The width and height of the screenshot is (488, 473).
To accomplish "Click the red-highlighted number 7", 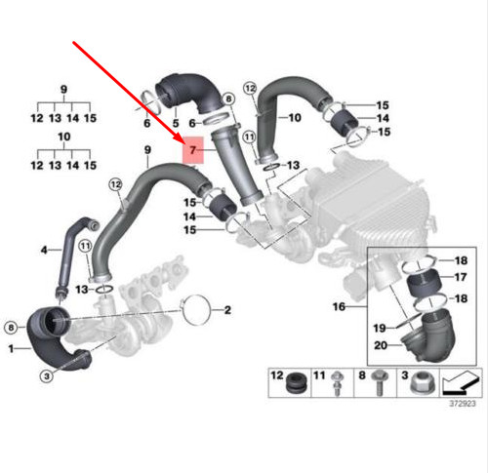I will [x=193, y=152].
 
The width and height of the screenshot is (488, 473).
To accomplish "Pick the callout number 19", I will [x=380, y=326].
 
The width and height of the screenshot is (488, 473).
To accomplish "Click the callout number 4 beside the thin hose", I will [x=43, y=251].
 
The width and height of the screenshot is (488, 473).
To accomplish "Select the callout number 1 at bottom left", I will [x=12, y=348].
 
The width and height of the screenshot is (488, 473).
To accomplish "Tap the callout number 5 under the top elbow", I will [x=176, y=123].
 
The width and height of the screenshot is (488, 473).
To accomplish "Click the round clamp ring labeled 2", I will [x=194, y=313].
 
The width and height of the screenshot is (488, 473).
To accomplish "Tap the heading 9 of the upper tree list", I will [x=64, y=89].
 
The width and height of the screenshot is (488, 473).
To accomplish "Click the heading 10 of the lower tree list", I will [x=64, y=137].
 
